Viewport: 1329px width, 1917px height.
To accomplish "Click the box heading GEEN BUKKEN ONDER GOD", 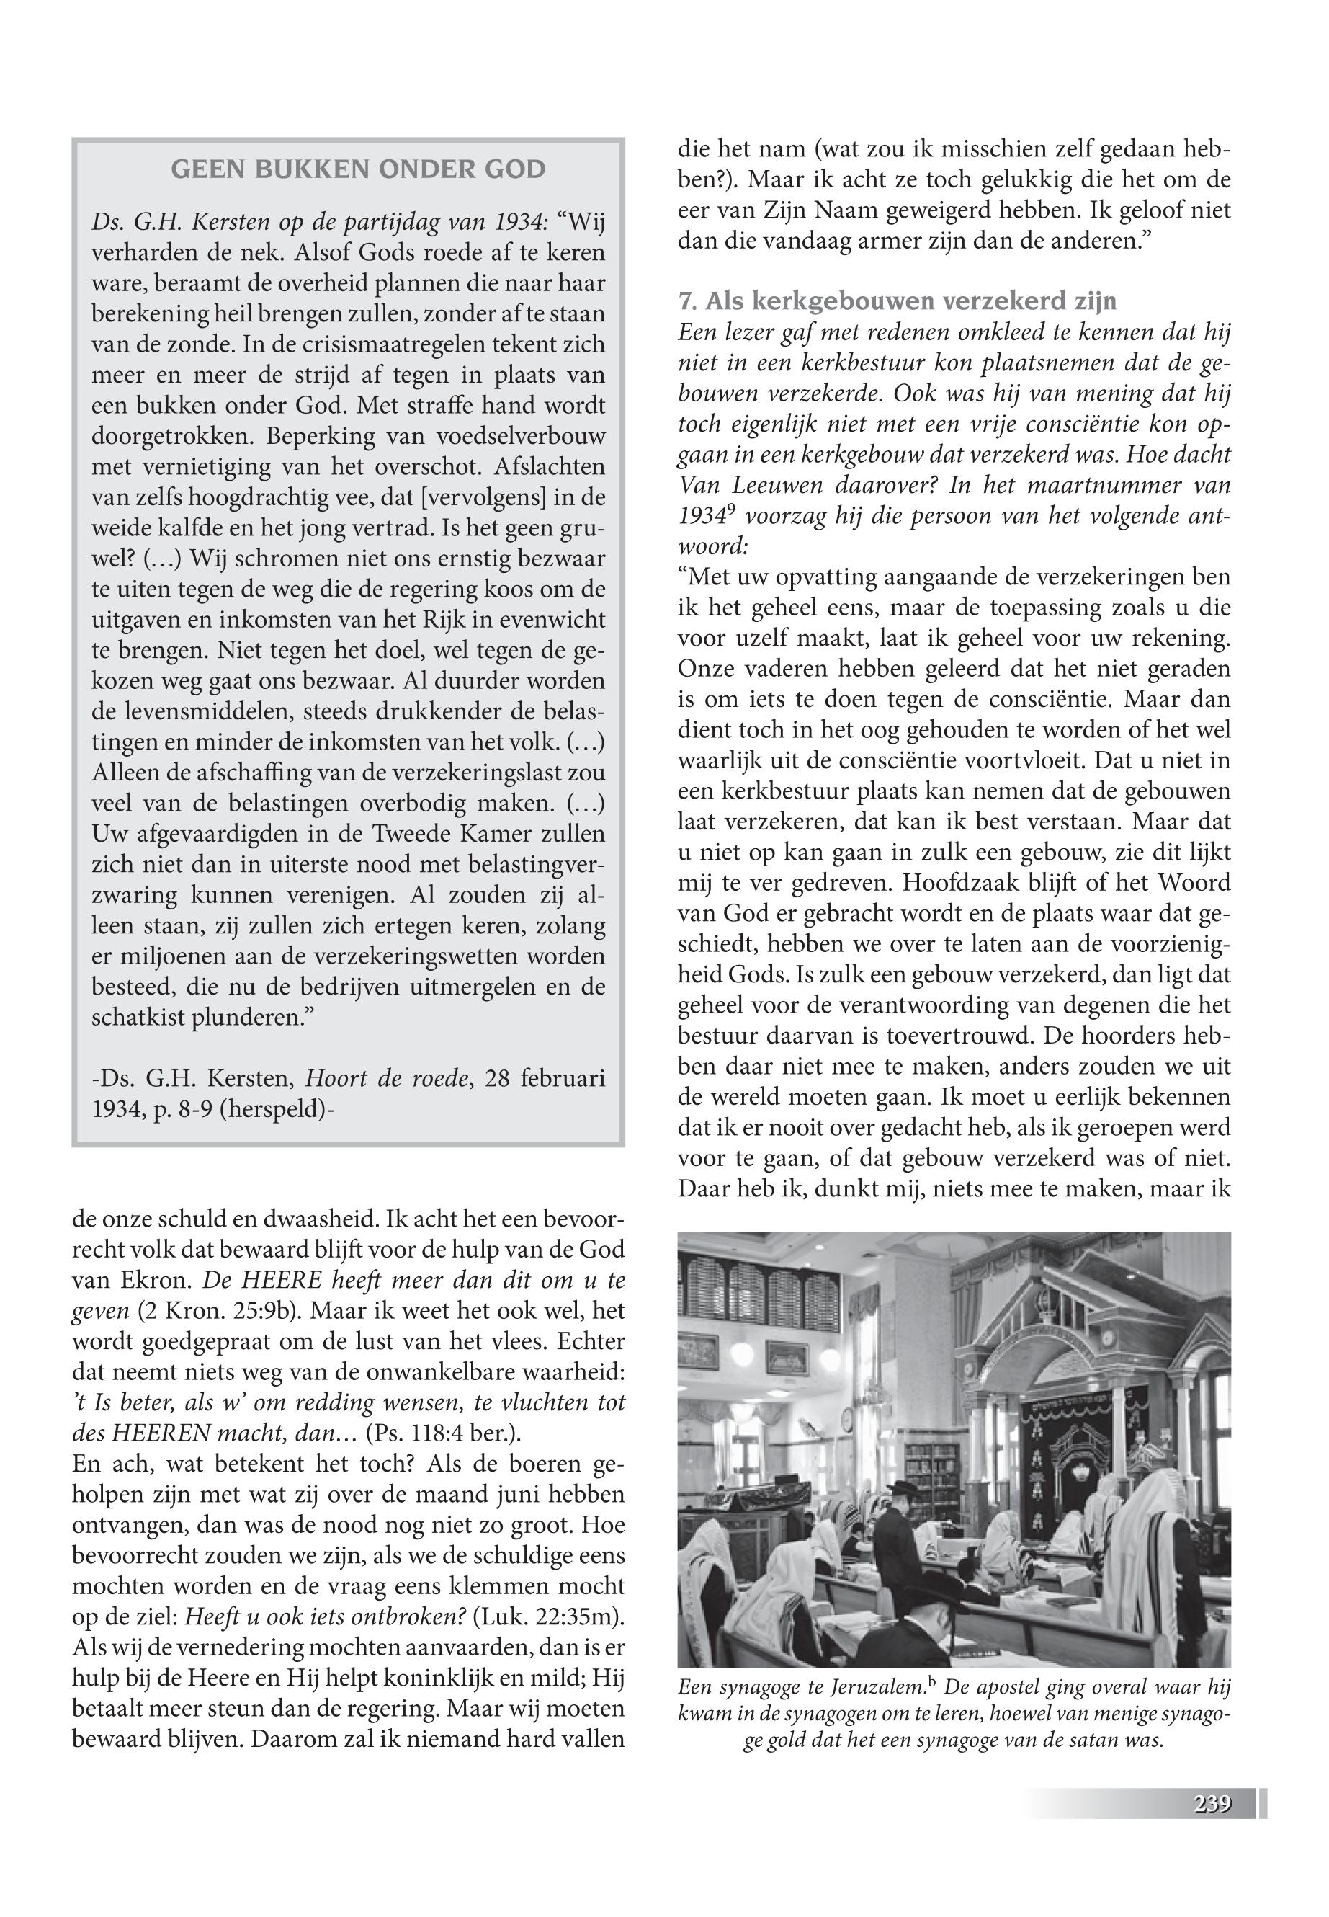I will tap(358, 170).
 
